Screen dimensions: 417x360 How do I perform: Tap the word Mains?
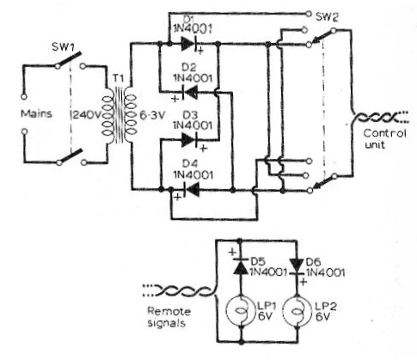(x=36, y=113)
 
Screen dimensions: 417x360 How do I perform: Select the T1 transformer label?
(x=119, y=78)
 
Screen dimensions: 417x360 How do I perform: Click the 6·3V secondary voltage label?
(x=153, y=115)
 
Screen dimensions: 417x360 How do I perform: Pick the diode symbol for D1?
(x=191, y=45)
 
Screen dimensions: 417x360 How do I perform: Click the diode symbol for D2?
(x=189, y=93)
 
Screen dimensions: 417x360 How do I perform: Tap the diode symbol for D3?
(x=191, y=140)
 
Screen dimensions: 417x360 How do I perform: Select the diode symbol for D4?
(x=190, y=189)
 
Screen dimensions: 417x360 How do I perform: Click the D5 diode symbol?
(x=240, y=266)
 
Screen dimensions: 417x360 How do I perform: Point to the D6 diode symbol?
(x=297, y=267)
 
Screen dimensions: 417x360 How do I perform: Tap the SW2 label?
(x=327, y=17)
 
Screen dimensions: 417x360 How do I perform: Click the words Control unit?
(x=385, y=139)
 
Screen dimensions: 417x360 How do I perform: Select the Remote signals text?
(x=169, y=317)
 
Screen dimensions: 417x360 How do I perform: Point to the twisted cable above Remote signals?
(x=179, y=290)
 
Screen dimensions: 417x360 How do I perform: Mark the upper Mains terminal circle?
(x=24, y=96)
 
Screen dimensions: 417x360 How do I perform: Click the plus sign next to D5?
(x=233, y=253)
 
